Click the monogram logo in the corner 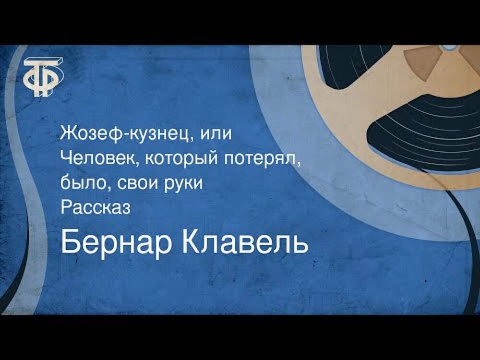pyautogui.click(x=44, y=76)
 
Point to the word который pyautogui.click(x=182, y=160)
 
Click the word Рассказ pyautogui.click(x=96, y=208)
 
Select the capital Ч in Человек pyautogui.click(x=66, y=158)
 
